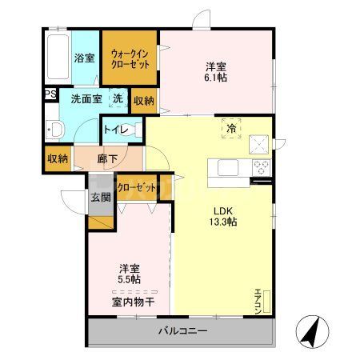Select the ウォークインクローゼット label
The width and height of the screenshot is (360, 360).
129,57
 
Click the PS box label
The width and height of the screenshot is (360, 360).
50,94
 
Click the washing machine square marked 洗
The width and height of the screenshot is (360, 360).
117,98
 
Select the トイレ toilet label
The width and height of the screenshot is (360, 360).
120,127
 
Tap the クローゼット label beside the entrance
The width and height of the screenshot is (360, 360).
136,186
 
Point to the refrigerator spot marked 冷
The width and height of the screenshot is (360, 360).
230,128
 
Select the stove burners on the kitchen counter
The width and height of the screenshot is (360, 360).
261,168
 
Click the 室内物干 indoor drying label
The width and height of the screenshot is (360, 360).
131,302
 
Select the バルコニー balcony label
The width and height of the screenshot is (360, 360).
182,330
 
